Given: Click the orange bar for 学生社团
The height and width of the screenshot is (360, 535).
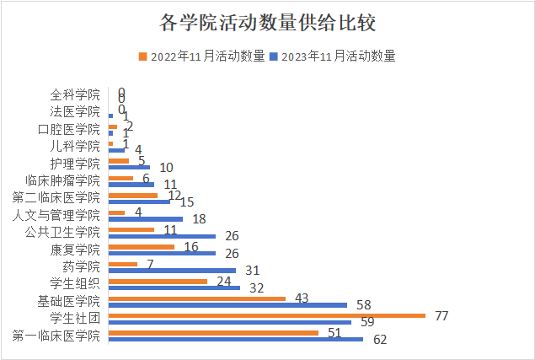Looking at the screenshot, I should pyautogui.click(x=266, y=315).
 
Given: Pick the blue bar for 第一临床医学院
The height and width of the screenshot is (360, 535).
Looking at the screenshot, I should pyautogui.click(x=235, y=339).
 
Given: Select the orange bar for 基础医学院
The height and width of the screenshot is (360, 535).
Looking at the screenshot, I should pyautogui.click(x=197, y=298).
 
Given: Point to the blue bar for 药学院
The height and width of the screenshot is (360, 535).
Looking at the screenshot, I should pyautogui.click(x=172, y=271).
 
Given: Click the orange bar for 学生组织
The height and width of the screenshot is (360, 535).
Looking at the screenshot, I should pyautogui.click(x=158, y=281).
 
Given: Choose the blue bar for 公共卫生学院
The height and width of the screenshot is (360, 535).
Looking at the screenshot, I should pyautogui.click(x=162, y=236).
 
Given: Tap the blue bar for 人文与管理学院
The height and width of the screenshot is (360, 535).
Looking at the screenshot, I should pyautogui.click(x=145, y=219).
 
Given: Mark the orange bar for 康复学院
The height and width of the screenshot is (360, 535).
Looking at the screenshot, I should pyautogui.click(x=142, y=247).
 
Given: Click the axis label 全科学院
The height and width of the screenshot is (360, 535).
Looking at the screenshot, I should pyautogui.click(x=74, y=94).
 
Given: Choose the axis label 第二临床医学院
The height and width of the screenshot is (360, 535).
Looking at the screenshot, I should pyautogui.click(x=56, y=197).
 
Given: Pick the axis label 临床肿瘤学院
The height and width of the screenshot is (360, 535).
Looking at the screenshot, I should pyautogui.click(x=62, y=180).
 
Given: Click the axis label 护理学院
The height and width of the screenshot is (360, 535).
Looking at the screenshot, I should pyautogui.click(x=74, y=164).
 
